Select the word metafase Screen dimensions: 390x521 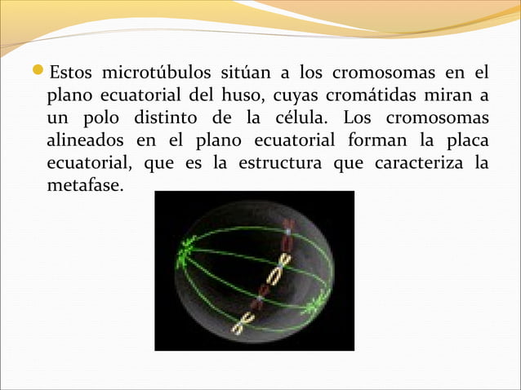(x=84, y=186)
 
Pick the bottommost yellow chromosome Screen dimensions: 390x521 (x=243, y=326)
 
